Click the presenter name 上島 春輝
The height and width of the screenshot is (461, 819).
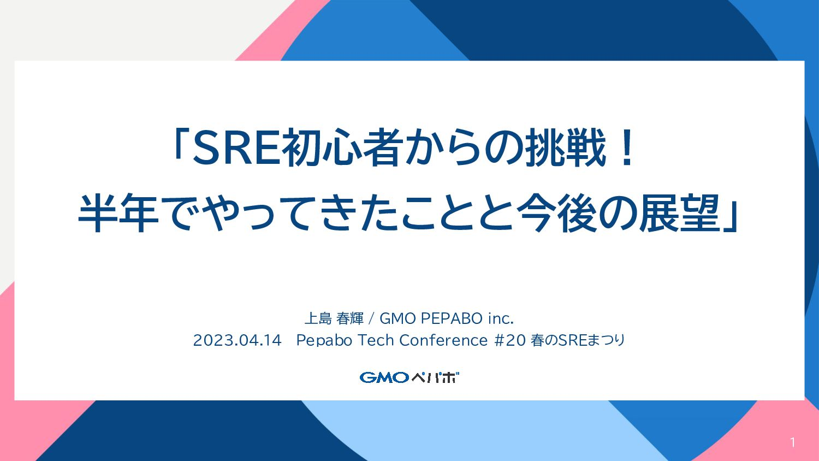334,318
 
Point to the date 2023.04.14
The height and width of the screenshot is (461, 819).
238,340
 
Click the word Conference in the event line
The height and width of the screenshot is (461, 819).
443,340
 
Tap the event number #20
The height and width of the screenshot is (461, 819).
510,340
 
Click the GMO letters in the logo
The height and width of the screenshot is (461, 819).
384,377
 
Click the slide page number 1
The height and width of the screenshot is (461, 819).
792,443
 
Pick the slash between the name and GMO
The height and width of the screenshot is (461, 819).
371,318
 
